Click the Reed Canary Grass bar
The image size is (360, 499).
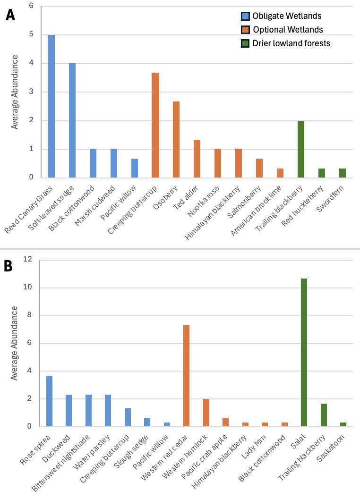pos(51,106)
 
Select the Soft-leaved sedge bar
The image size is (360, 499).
pos(72,120)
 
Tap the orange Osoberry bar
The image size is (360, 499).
pos(176,139)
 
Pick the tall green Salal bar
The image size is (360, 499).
pos(304,352)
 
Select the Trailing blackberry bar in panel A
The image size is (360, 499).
pos(300,149)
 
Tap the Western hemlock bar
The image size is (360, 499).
pos(206,412)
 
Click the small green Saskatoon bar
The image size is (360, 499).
pos(343,424)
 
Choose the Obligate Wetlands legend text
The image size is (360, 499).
pos(286,16)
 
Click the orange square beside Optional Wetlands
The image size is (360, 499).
pos(244,30)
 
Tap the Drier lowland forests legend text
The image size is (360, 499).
pos(291,43)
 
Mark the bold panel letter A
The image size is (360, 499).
pos(10,16)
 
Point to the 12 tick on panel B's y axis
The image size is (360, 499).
pos(28,259)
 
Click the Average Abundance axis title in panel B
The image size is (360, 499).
pos(15,343)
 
